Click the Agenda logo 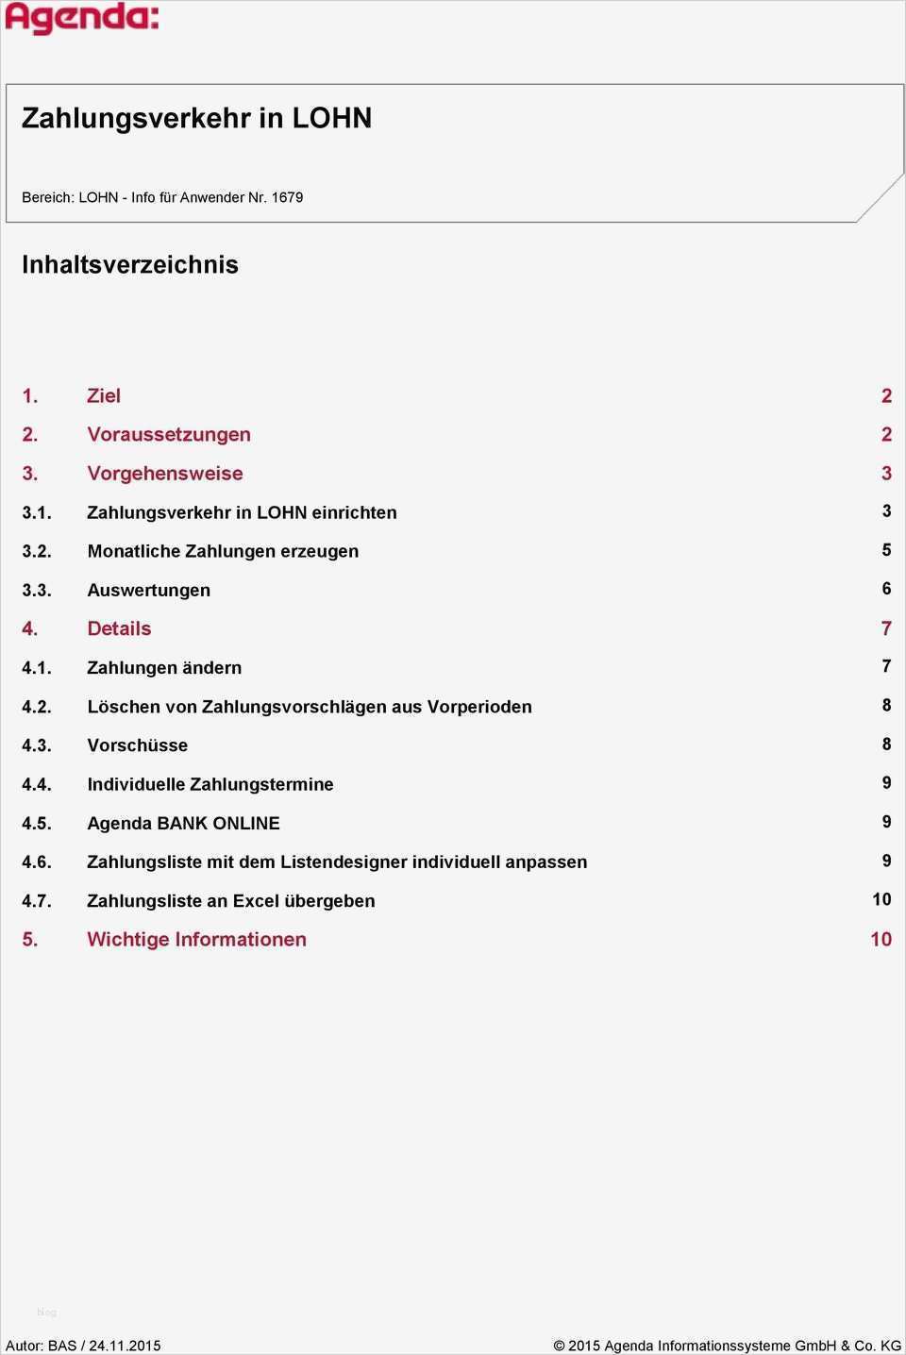point(82,18)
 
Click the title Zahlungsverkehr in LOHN point(196,118)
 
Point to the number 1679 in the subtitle point(287,197)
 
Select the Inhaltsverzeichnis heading point(130,264)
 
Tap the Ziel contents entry point(104,395)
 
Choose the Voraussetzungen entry point(169,434)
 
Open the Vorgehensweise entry point(165,473)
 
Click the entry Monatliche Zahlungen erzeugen point(223,551)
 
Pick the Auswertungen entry point(149,590)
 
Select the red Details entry point(119,628)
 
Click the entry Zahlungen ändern point(164,667)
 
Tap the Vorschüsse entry point(138,745)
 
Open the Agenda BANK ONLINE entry point(183,823)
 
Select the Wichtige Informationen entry point(196,939)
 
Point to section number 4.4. point(37,784)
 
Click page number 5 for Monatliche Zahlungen point(886,549)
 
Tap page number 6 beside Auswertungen point(886,588)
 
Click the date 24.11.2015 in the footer point(125,1346)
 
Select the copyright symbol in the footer point(559,1346)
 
